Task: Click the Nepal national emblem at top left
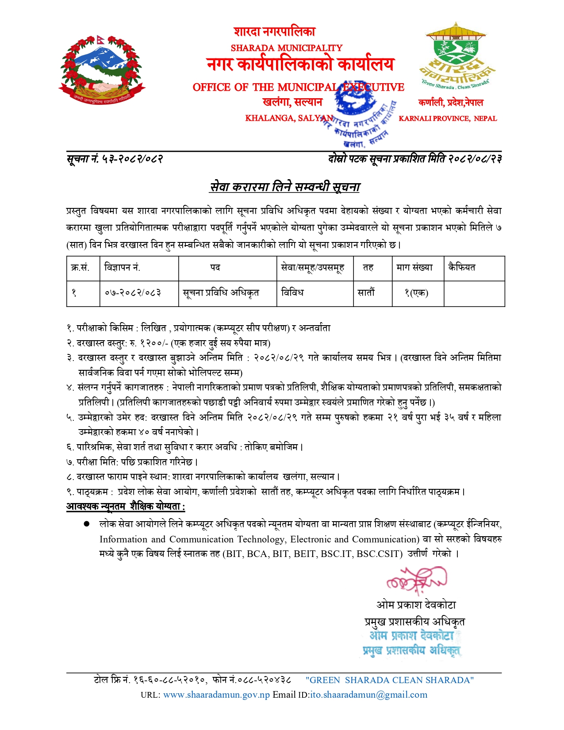point(102,69)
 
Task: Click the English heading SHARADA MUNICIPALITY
point(287,48)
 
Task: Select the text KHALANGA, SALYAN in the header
point(288,118)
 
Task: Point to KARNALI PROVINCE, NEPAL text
point(448,119)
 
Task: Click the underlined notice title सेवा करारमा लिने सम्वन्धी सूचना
point(285,187)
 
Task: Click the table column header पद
point(215,268)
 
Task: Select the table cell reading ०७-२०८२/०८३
point(133,293)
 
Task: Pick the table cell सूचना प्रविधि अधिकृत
point(221,293)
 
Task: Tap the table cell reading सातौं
point(366,293)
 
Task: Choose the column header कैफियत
point(461,267)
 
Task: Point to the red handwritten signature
point(416,580)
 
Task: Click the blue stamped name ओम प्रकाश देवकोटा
point(412,636)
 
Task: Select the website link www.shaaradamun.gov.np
point(216,695)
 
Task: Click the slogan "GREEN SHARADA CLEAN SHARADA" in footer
point(389,680)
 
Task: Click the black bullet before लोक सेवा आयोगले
point(87,524)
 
